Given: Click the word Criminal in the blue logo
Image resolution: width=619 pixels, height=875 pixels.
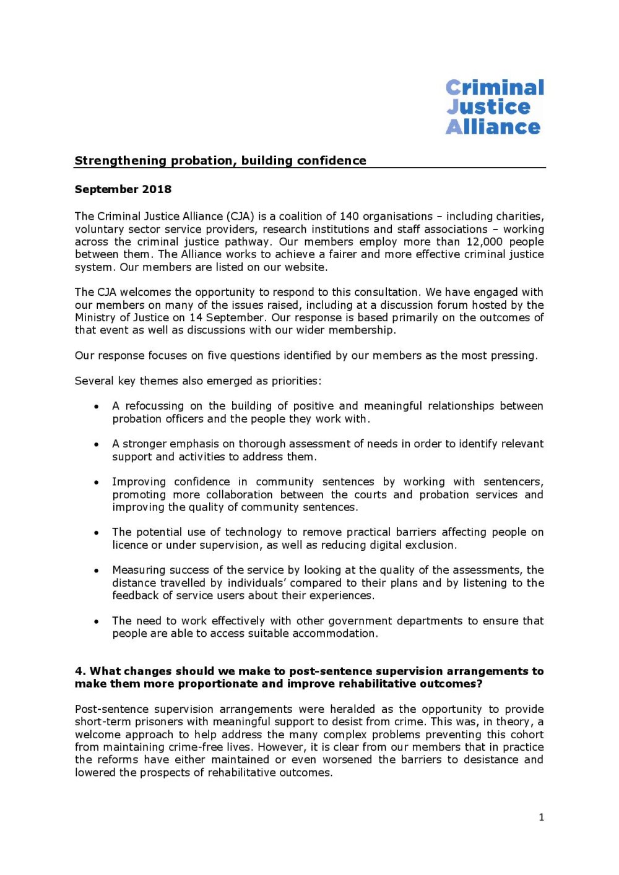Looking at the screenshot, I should tap(495, 87).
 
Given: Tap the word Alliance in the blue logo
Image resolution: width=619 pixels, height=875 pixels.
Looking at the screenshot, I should tap(493, 127).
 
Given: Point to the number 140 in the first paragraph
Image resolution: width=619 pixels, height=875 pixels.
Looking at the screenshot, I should tap(349, 217).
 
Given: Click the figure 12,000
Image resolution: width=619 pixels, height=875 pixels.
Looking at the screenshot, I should tap(485, 242).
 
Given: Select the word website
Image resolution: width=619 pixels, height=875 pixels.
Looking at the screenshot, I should tap(305, 267).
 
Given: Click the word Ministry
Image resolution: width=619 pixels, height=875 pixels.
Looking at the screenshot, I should tap(95, 318).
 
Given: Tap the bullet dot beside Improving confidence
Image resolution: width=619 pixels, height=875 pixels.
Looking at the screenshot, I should tap(97, 482).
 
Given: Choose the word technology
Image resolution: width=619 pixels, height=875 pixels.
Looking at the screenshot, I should tap(253, 532).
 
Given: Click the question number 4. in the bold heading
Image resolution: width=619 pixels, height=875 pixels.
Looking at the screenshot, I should tap(80, 671).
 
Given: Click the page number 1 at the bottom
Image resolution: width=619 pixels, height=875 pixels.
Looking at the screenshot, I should tap(542, 817).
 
